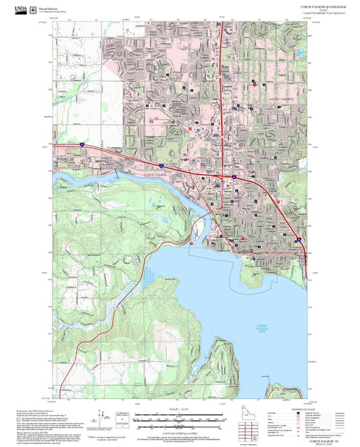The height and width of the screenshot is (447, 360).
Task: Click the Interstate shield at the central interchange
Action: [233, 176]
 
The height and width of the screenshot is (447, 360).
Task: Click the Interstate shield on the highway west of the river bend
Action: [161, 165]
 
